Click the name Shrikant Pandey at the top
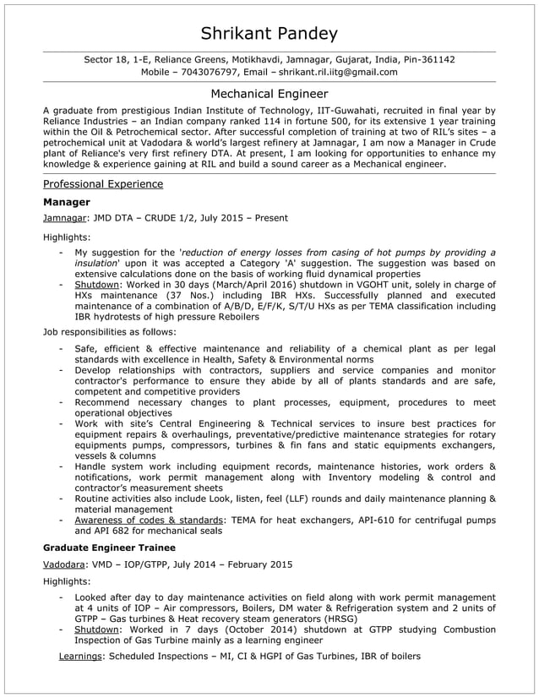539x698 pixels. pos(269,34)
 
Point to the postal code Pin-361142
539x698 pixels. pos(426,59)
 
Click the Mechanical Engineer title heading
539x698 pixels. pos(269,94)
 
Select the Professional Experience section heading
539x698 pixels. pos(103,183)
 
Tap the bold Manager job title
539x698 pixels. pos(66,203)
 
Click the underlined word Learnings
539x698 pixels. pos(79,656)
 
